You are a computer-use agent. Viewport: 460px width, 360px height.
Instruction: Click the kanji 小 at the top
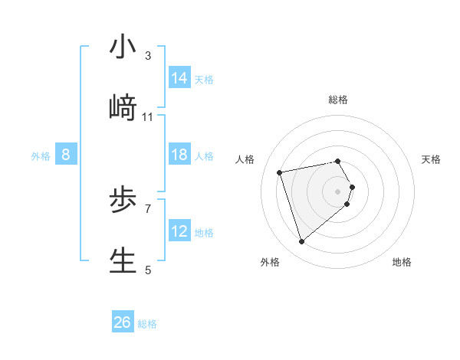(123, 47)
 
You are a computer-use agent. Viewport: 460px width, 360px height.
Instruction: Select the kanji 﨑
(123, 108)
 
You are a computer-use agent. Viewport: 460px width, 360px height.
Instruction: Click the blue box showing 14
(179, 78)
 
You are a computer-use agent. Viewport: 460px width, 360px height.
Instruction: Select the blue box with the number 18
(179, 155)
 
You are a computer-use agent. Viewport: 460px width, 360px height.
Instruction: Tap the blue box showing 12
(179, 231)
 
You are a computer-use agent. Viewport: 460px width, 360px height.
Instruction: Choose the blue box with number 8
(65, 155)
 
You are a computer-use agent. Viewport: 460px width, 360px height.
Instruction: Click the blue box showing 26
(123, 322)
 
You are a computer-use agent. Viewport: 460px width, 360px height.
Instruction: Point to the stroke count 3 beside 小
(147, 55)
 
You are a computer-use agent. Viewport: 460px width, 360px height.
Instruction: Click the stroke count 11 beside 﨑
(148, 116)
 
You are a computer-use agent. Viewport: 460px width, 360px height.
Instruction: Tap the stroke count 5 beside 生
(147, 270)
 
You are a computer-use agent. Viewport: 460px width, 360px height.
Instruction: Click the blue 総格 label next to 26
(147, 324)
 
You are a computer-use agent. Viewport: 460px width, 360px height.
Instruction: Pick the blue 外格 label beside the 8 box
(41, 156)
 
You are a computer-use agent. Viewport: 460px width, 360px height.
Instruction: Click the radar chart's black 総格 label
(338, 100)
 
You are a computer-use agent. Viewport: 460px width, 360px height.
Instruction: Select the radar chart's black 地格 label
(402, 262)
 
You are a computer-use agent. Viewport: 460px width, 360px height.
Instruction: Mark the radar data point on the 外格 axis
(301, 242)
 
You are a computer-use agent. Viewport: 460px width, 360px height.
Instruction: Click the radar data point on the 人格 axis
(280, 172)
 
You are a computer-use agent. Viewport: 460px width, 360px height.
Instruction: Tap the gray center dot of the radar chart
(338, 191)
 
